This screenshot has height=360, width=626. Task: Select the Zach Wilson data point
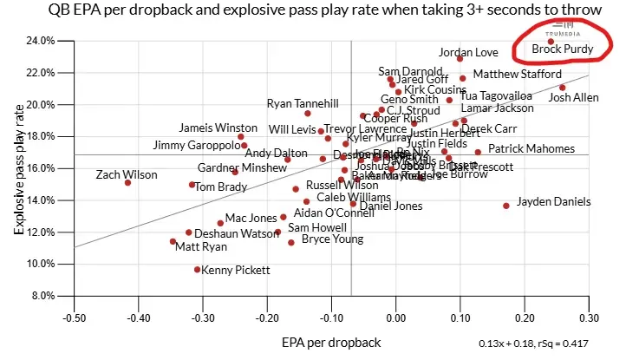(x=127, y=182)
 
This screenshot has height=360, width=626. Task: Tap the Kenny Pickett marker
(x=198, y=269)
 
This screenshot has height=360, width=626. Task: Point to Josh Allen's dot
(x=562, y=87)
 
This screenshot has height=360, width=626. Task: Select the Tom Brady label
(x=221, y=187)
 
